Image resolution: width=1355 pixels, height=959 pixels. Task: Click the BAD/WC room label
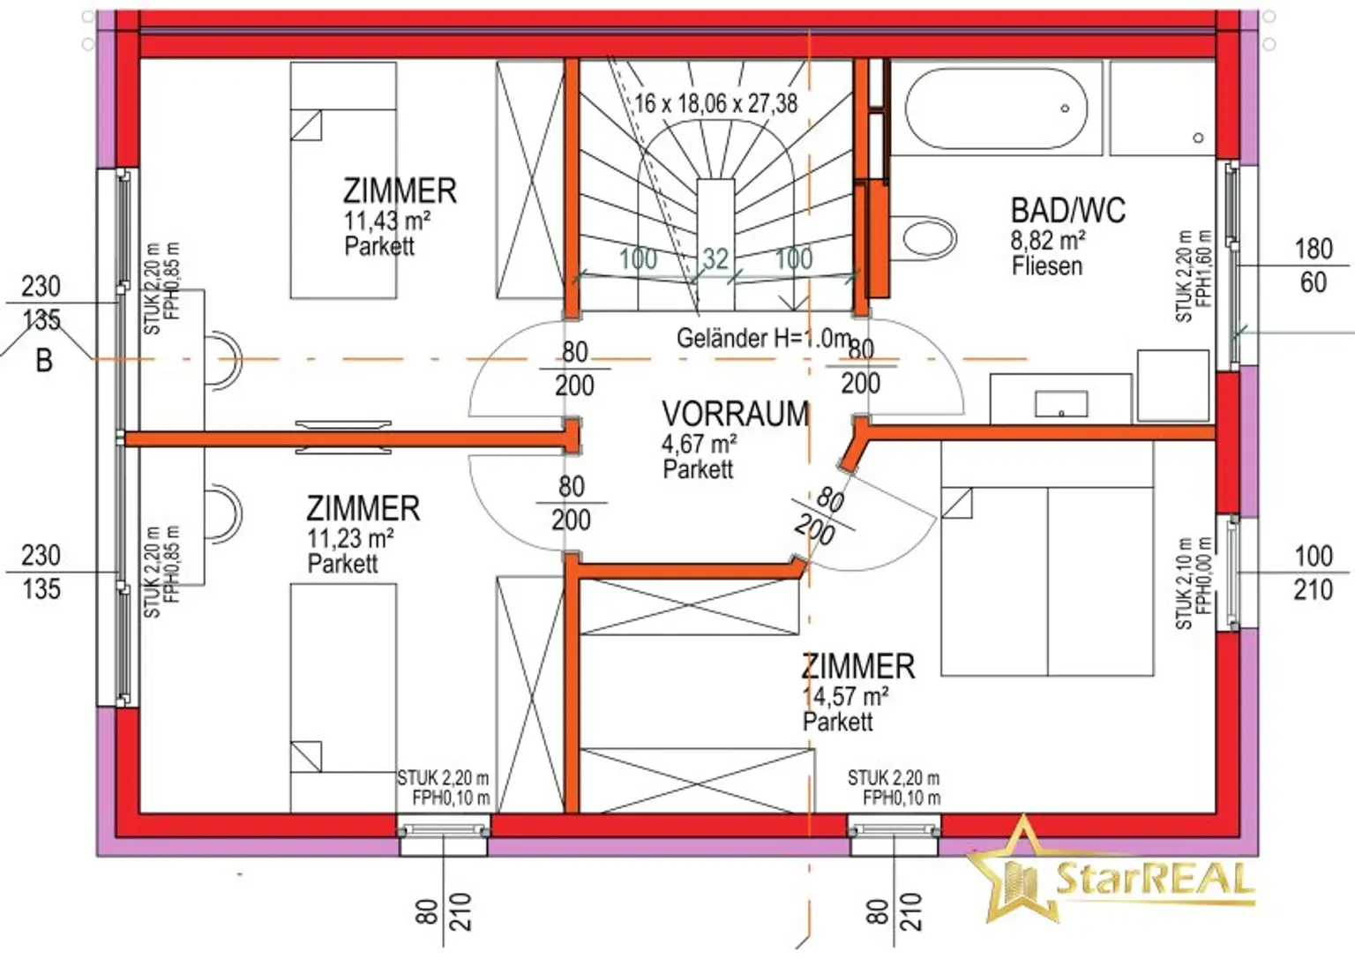[1067, 211]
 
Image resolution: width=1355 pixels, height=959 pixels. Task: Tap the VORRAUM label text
[735, 414]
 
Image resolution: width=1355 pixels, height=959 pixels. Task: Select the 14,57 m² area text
[845, 696]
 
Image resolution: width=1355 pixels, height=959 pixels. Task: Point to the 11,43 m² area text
[386, 220]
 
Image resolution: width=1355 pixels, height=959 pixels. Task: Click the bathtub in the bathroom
[996, 109]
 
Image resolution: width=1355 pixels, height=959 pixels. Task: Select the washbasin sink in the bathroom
[1060, 404]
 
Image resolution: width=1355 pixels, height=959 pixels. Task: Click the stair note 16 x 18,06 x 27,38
[715, 103]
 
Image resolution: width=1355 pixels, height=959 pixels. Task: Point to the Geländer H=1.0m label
[763, 338]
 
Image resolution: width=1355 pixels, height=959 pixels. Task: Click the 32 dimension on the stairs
[715, 258]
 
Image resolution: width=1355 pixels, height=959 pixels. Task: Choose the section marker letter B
[43, 361]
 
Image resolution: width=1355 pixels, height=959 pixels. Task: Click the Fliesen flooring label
[1047, 266]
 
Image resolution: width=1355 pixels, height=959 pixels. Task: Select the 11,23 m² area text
[349, 537]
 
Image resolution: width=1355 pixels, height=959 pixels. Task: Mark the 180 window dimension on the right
[1313, 249]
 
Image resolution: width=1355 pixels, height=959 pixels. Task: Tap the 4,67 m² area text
[699, 443]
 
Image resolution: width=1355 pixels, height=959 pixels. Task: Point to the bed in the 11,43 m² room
[343, 180]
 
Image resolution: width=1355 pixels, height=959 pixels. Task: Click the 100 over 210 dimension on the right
[1313, 573]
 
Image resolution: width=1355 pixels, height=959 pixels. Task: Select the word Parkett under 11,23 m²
[342, 563]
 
